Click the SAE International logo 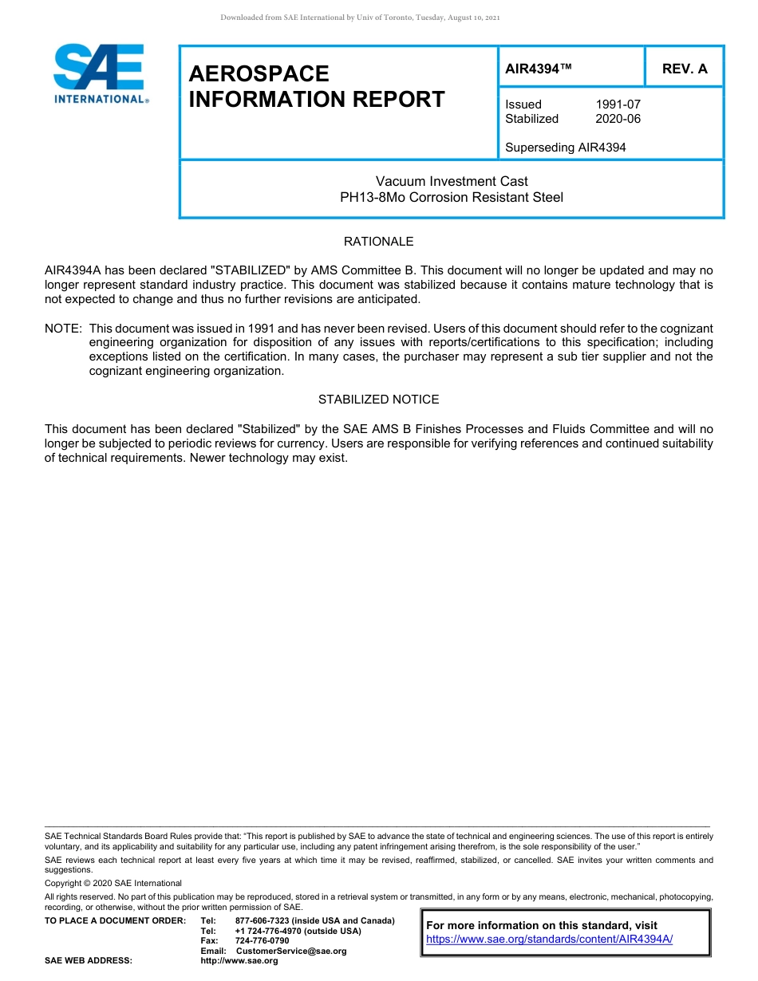pyautogui.click(x=99, y=73)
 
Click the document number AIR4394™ pyautogui.click(x=539, y=69)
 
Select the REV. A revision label pyautogui.click(x=685, y=69)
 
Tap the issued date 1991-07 pyautogui.click(x=618, y=104)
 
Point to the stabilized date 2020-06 pyautogui.click(x=618, y=119)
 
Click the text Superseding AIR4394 pyautogui.click(x=565, y=148)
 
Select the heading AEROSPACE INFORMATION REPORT pyautogui.click(x=316, y=87)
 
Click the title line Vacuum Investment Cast pyautogui.click(x=452, y=181)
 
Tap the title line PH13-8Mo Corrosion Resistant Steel pyautogui.click(x=452, y=197)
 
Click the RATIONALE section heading pyautogui.click(x=378, y=242)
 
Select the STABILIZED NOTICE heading pyautogui.click(x=378, y=400)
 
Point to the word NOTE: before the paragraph pyautogui.click(x=63, y=329)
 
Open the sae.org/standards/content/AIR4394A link pyautogui.click(x=549, y=940)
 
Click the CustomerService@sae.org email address pyautogui.click(x=291, y=951)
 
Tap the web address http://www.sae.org pyautogui.click(x=239, y=961)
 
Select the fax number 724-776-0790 pyautogui.click(x=262, y=941)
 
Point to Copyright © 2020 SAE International pyautogui.click(x=113, y=883)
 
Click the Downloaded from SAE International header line pyautogui.click(x=360, y=18)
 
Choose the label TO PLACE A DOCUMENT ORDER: pyautogui.click(x=115, y=921)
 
